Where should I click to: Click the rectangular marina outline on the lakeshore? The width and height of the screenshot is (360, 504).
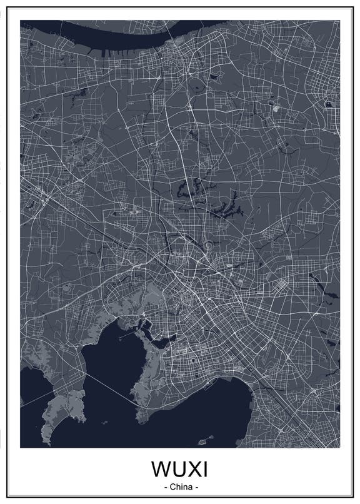(x=146, y=325)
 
